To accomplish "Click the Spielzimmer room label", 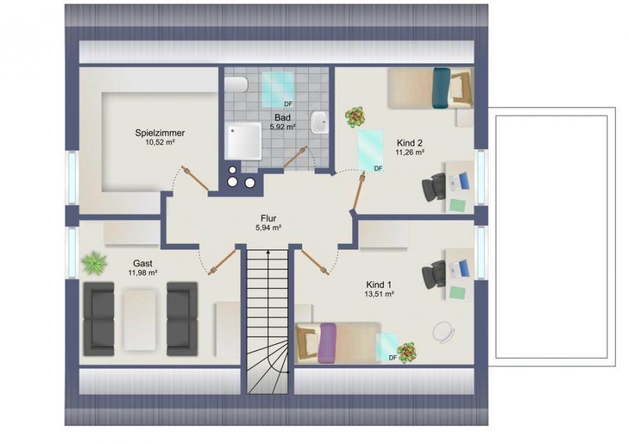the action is (159, 133).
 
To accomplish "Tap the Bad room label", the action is (282, 117).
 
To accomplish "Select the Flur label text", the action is (268, 218).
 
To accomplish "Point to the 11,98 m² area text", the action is (143, 273).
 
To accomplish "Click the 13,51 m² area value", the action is (379, 294).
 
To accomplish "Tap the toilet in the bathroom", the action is (236, 85).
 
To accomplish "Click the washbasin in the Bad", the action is (319, 122).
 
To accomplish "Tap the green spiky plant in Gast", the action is (94, 262).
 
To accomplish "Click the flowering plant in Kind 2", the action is (356, 117).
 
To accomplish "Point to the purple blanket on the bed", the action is (327, 343).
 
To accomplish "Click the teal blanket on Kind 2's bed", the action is (441, 88).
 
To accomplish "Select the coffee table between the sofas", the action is (140, 320).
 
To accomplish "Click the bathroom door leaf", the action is (296, 157).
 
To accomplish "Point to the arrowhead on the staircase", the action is (268, 252).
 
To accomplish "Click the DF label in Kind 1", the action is (393, 358).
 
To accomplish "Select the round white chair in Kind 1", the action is (444, 332).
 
